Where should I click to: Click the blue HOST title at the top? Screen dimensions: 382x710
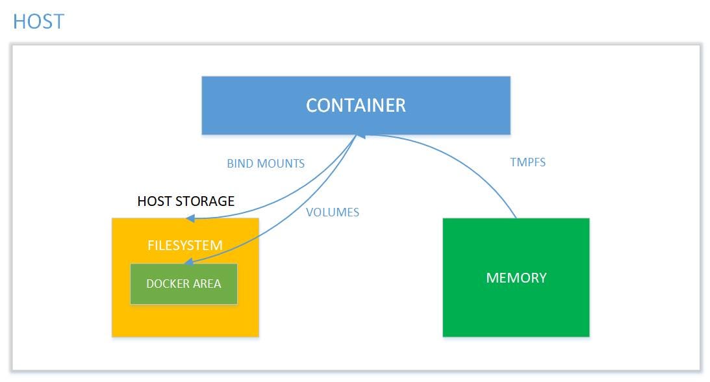[x=38, y=21]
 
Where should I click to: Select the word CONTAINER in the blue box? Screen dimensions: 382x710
[x=355, y=105]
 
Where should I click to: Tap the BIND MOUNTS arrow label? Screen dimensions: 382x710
[x=265, y=164]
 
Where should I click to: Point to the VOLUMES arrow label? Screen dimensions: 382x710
[x=332, y=212]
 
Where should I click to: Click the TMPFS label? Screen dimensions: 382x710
[x=527, y=162]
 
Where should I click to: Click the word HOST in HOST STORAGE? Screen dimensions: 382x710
[x=153, y=201]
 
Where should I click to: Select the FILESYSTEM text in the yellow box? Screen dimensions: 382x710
[x=184, y=246]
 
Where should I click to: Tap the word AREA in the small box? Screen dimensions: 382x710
[x=206, y=284]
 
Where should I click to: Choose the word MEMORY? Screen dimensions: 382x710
[x=516, y=278]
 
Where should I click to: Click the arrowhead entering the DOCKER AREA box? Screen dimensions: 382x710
[x=188, y=263]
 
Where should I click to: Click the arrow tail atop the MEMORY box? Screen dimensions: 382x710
[x=516, y=218]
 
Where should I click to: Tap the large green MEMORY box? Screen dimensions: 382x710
[x=516, y=305]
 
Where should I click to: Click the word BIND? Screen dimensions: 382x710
[x=238, y=164]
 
